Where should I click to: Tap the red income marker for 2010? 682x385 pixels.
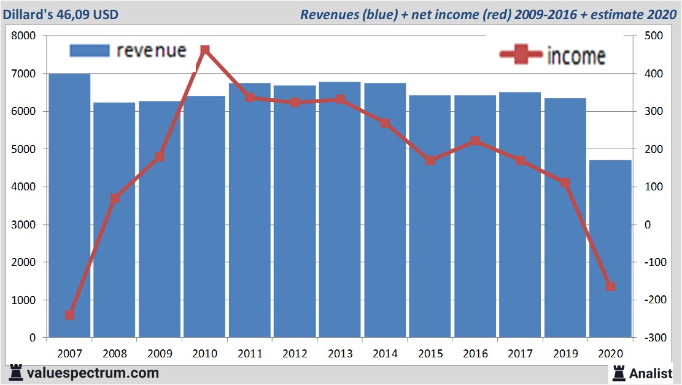click(205, 50)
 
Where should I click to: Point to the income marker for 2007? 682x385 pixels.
click(69, 315)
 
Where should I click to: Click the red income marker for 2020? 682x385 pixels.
click(611, 286)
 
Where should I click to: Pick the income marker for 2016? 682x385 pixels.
click(475, 141)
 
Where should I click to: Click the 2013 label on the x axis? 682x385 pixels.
click(340, 354)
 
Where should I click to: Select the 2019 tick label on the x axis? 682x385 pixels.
click(565, 354)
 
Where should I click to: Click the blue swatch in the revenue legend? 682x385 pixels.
click(90, 50)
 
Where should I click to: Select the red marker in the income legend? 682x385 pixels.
click(521, 55)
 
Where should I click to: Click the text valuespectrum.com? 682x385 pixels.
click(93, 373)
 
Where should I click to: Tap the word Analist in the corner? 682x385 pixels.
click(651, 373)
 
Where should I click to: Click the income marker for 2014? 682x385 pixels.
click(385, 123)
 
